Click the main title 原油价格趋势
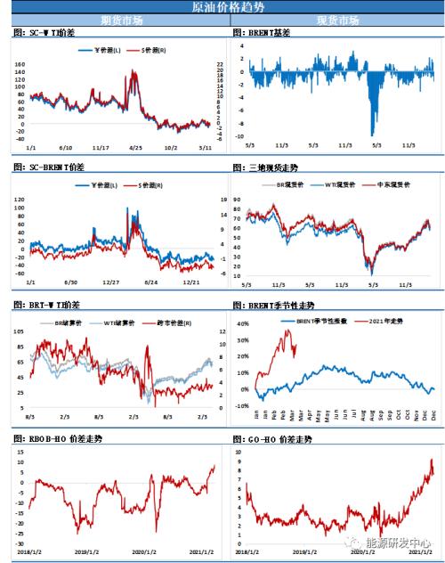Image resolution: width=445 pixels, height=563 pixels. click(x=222, y=7)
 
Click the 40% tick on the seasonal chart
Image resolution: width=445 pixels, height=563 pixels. click(x=241, y=326)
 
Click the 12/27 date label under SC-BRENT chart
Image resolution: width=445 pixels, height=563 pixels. click(x=110, y=281)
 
